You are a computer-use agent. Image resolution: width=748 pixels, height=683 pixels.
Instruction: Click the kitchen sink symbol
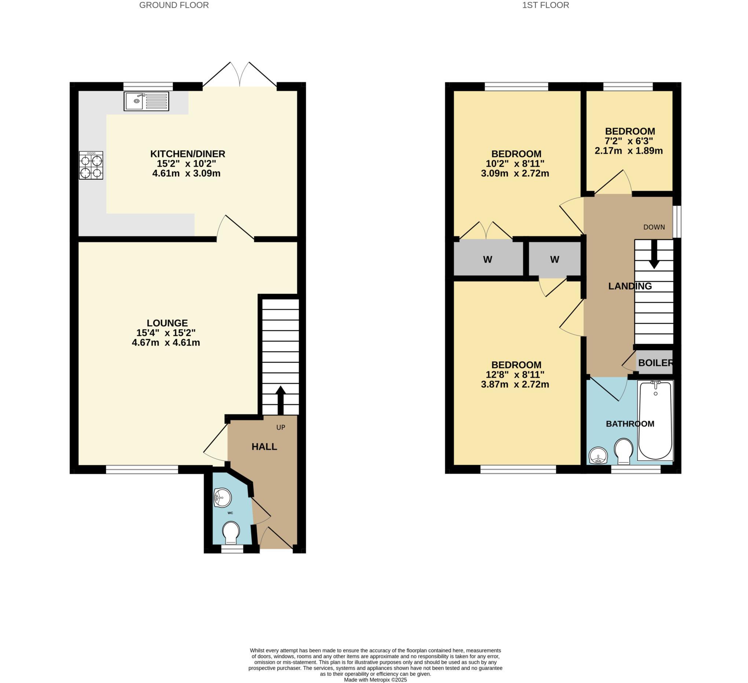tap(146, 101)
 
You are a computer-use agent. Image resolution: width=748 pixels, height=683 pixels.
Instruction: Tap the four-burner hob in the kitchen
tap(91, 165)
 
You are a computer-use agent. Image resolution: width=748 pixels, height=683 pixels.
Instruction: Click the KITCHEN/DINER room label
tap(187, 154)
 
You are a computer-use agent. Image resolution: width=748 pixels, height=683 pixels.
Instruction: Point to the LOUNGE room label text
tap(167, 323)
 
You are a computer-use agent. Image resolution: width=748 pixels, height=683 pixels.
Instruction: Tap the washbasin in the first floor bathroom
tap(598, 455)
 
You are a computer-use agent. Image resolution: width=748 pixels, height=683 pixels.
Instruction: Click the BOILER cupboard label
tap(655, 363)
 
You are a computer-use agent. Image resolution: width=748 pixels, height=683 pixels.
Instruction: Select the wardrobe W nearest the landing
tap(554, 259)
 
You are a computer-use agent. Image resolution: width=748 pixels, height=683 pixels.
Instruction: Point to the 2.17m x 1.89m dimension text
tap(628, 151)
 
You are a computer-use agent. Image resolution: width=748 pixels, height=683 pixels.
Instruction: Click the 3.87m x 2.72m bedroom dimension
tap(515, 384)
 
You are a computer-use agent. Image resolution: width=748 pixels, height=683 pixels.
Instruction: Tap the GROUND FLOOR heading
tap(174, 5)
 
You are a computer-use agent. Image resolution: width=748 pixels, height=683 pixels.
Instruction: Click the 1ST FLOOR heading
tap(546, 5)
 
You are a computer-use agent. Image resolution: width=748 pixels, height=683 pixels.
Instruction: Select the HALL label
tap(264, 446)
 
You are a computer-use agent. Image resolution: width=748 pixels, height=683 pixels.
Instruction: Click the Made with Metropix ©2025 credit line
tap(375, 680)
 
